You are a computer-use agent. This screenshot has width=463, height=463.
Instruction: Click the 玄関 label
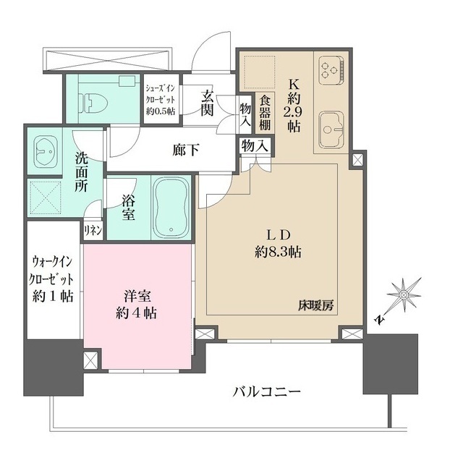(x=208, y=101)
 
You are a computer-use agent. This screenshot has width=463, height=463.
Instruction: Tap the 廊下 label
(x=184, y=150)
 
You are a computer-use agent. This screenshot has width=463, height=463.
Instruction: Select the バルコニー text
(x=266, y=392)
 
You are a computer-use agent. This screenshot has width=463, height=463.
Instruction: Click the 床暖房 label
(x=315, y=305)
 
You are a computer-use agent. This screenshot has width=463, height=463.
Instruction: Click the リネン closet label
(x=93, y=231)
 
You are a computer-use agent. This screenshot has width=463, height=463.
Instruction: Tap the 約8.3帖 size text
(x=278, y=253)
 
